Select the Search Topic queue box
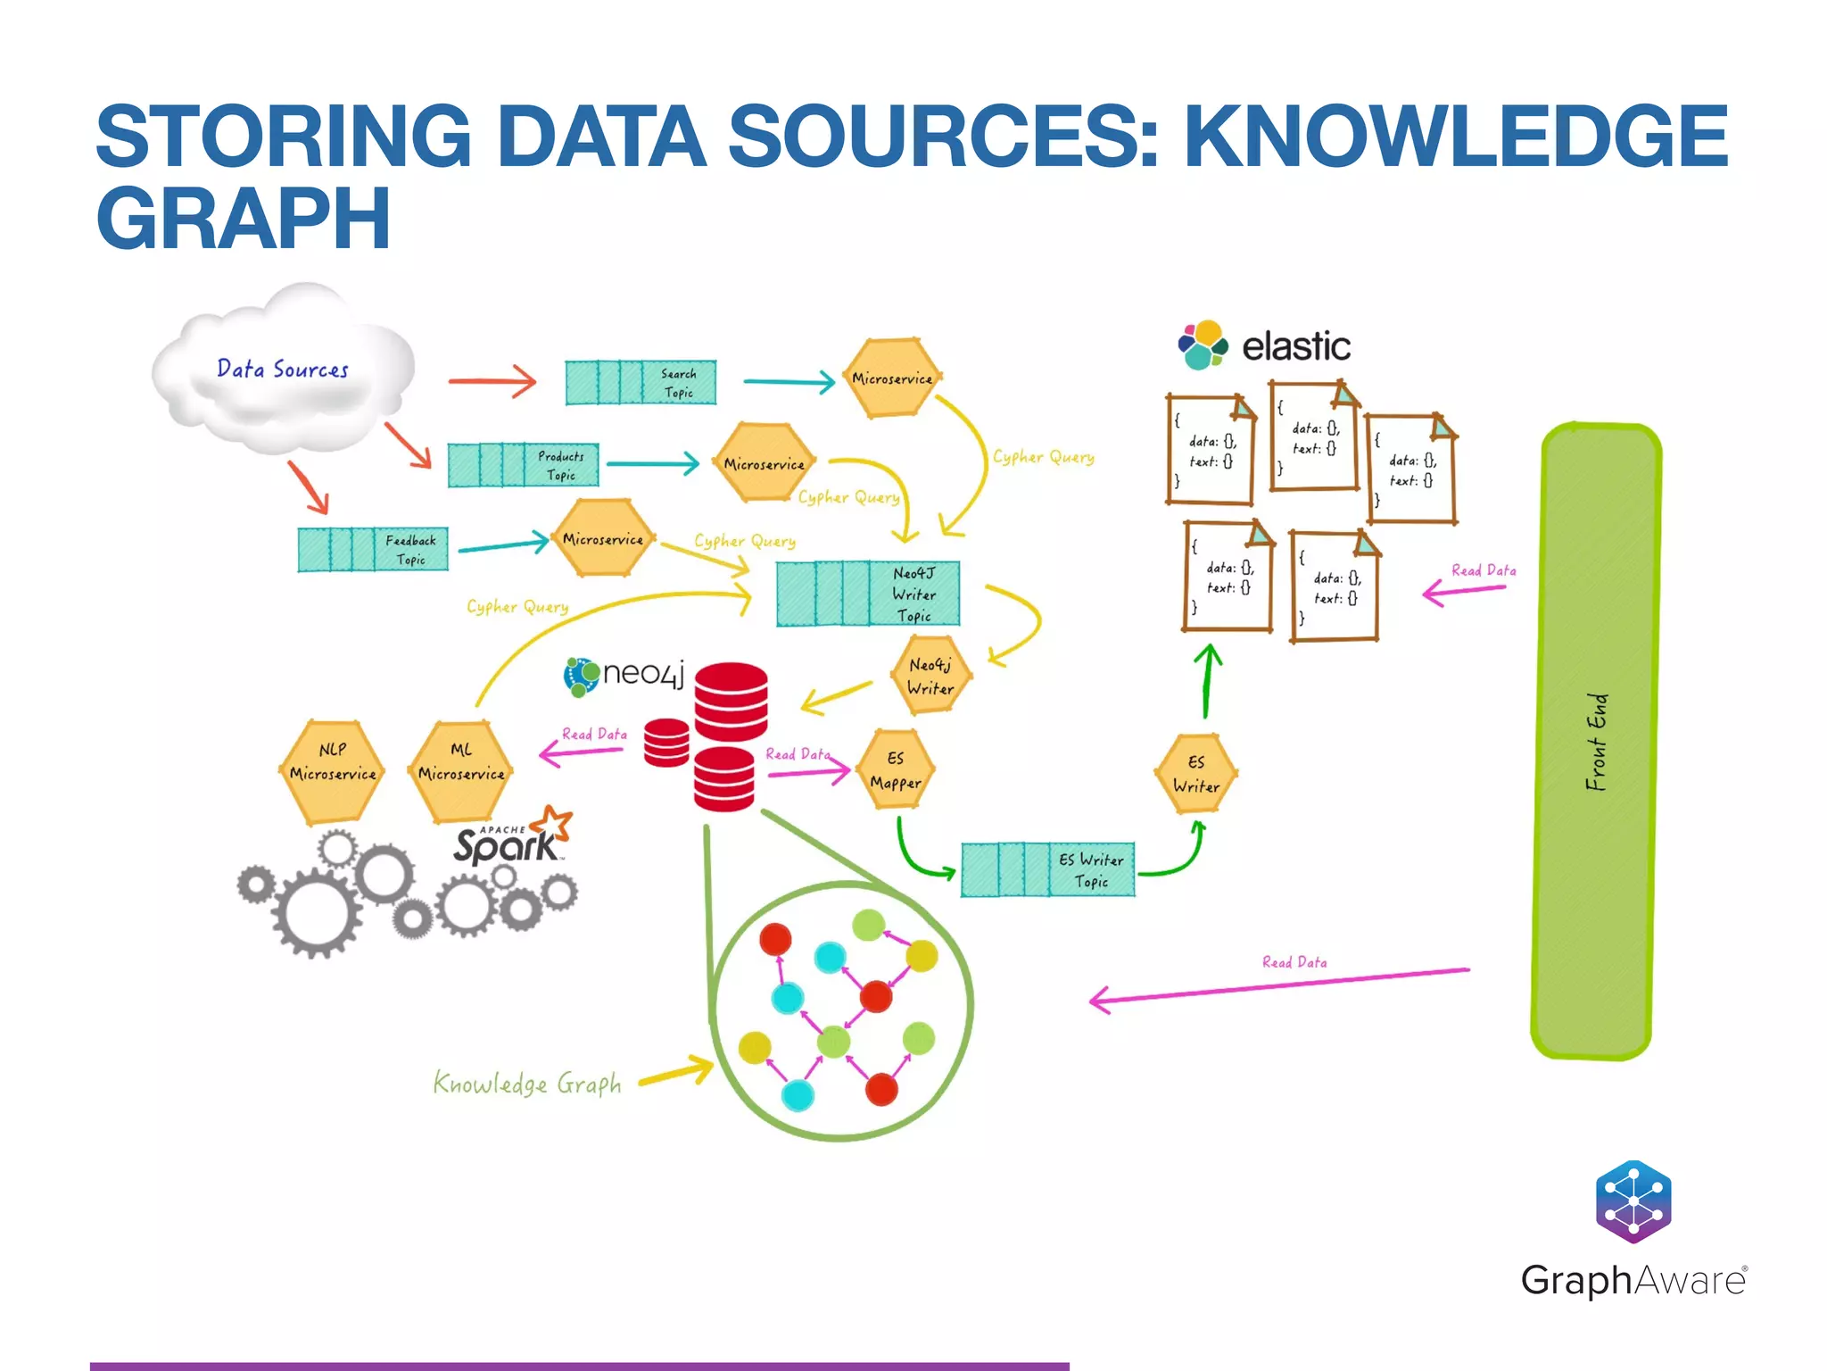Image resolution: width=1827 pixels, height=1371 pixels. click(641, 383)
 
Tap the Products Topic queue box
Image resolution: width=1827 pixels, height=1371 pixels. click(523, 465)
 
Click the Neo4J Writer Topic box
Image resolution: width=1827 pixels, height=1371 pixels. click(868, 594)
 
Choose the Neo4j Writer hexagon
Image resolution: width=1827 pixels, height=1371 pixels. click(930, 676)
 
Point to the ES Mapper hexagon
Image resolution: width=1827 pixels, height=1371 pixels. click(896, 770)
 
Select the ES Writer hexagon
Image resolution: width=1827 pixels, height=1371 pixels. click(1195, 774)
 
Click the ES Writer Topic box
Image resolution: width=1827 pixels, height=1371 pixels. click(1048, 869)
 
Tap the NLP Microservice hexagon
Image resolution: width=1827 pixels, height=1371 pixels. click(334, 771)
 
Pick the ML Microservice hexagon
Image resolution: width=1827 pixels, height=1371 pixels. click(461, 771)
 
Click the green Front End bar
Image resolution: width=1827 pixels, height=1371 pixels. click(1597, 741)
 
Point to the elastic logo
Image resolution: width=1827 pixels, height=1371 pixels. click(1265, 345)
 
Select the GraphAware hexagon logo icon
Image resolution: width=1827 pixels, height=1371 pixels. click(1633, 1201)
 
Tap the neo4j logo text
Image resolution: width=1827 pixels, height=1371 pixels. click(642, 673)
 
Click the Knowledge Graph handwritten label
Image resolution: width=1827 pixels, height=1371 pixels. click(527, 1084)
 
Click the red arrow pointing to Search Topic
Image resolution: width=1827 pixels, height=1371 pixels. click(492, 381)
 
